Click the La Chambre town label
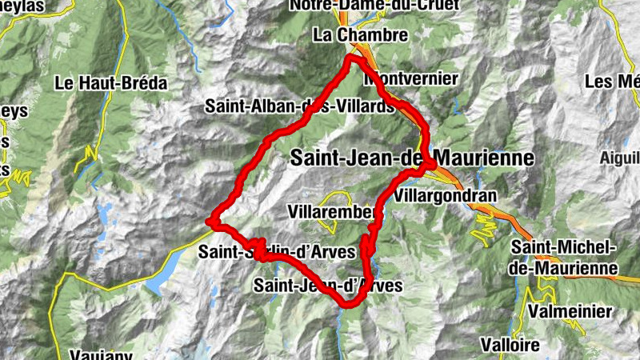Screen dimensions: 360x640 click(361, 36)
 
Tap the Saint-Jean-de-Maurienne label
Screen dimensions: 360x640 click(411, 158)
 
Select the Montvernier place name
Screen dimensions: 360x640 click(412, 79)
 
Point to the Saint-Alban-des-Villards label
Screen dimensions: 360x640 click(299, 106)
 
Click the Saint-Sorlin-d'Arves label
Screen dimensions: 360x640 click(277, 252)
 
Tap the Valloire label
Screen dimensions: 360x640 click(510, 344)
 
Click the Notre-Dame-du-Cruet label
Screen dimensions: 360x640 click(374, 6)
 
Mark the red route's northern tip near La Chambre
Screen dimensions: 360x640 click(353, 59)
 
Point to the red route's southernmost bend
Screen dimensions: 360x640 click(350, 304)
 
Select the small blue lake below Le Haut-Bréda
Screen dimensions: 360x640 click(105, 214)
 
